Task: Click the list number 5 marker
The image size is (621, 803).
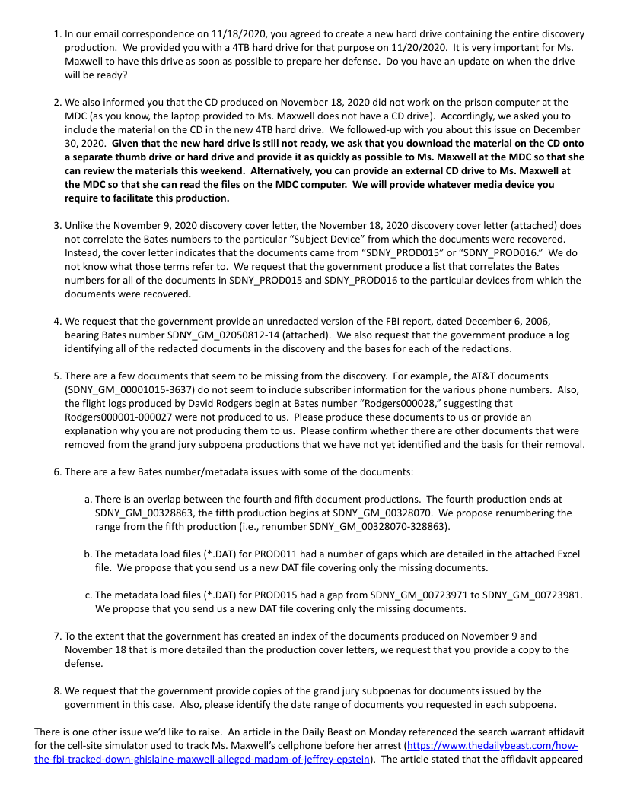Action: click(57, 376)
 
